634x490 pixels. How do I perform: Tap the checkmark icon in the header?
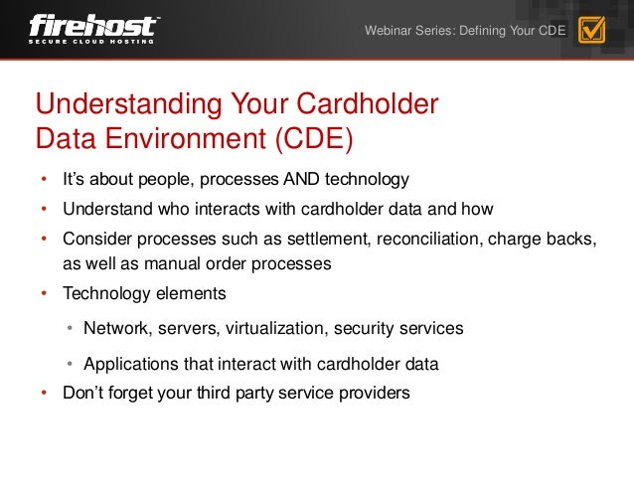pos(592,31)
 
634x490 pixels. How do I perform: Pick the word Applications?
pos(129,364)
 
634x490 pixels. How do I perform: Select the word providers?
pos(373,393)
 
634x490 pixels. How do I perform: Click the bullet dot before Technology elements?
pos(43,294)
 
